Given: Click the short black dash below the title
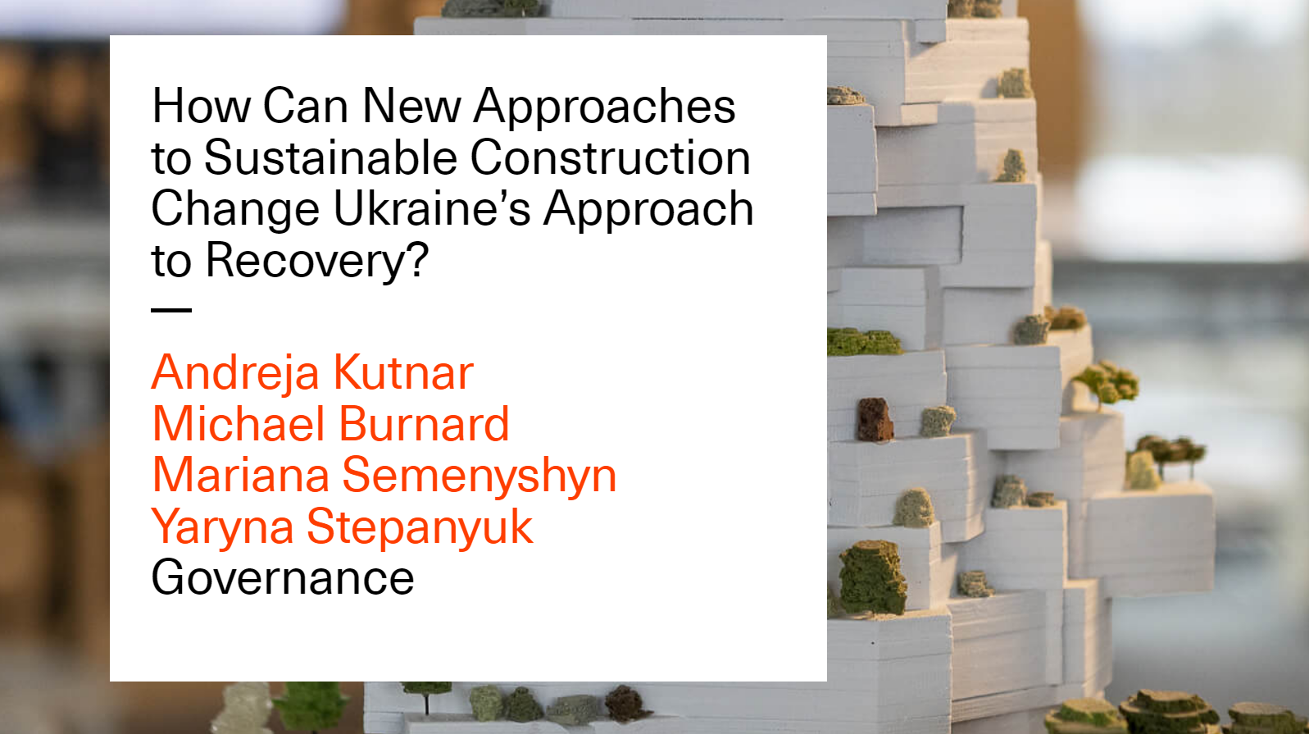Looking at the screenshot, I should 171,310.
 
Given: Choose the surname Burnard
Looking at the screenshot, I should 425,424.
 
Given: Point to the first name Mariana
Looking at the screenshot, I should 241,476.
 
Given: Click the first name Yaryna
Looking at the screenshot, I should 222,527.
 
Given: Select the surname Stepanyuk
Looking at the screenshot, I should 420,527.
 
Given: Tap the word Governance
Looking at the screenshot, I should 283,577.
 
